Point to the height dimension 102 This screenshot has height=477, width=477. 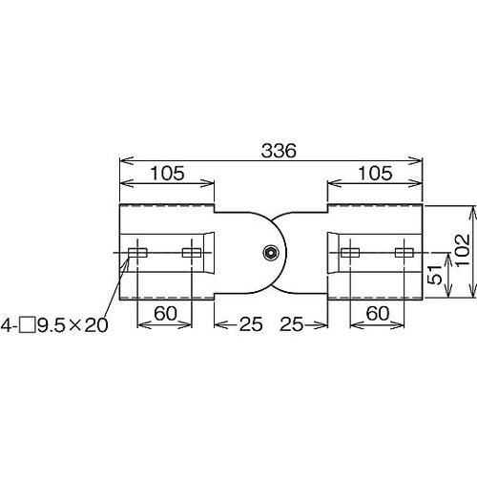[462, 252]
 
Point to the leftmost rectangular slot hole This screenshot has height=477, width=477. [137, 253]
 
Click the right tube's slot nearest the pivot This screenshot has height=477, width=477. [350, 253]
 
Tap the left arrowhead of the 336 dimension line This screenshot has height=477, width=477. [122, 160]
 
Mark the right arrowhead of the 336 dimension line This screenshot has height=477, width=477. [422, 160]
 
